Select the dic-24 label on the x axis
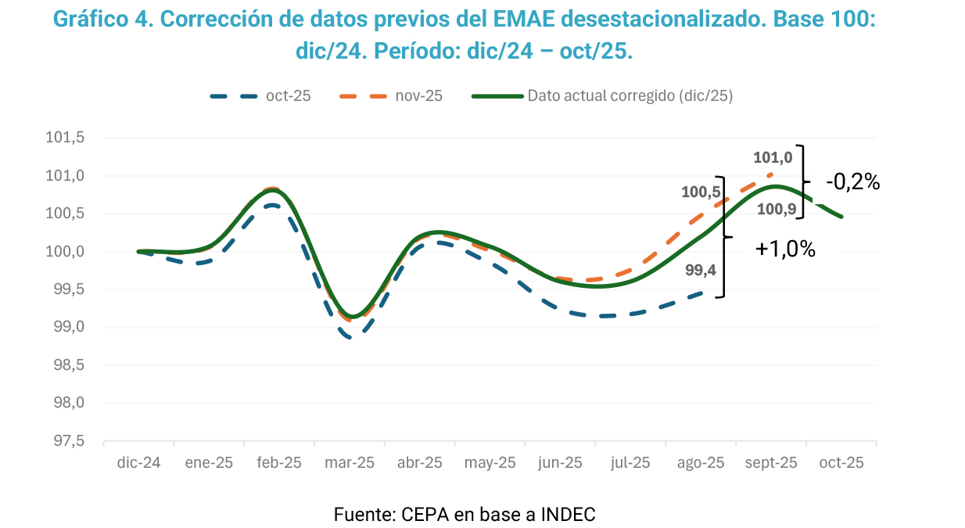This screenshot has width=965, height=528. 138,462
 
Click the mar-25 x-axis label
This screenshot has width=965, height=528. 349,462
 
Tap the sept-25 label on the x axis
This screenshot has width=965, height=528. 771,462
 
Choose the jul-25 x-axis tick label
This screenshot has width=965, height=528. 630,462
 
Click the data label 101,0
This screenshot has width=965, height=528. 773,157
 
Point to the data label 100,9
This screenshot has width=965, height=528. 777,209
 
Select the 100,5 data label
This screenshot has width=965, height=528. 701,192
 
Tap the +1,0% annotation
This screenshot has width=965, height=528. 785,250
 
